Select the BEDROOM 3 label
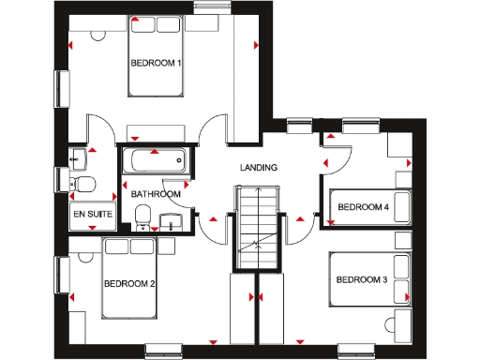(361, 279)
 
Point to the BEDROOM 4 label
(363, 206)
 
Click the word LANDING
(259, 168)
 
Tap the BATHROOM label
(156, 194)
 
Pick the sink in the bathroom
(171, 221)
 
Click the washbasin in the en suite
(77, 157)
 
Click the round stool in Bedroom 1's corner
(97, 34)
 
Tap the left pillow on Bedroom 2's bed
(117, 246)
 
